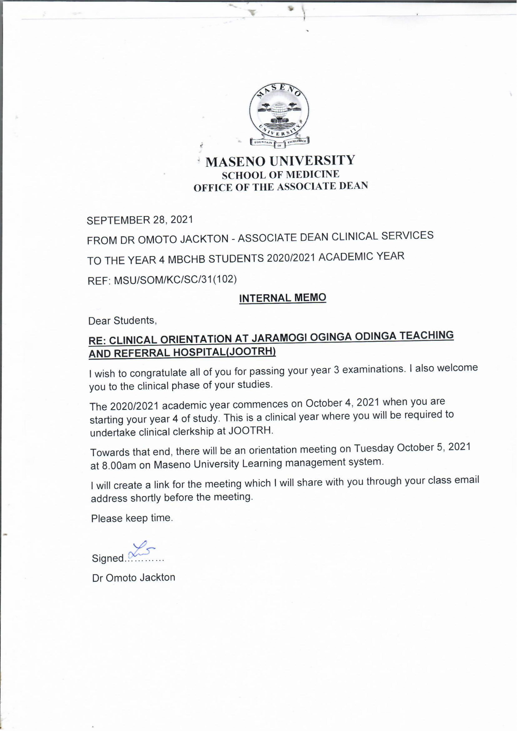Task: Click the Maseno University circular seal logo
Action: pyautogui.click(x=279, y=115)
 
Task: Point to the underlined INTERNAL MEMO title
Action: pyautogui.click(x=282, y=298)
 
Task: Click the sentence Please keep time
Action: pyautogui.click(x=132, y=518)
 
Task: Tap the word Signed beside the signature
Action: pyautogui.click(x=107, y=558)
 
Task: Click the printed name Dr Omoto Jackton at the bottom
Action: pyautogui.click(x=134, y=577)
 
